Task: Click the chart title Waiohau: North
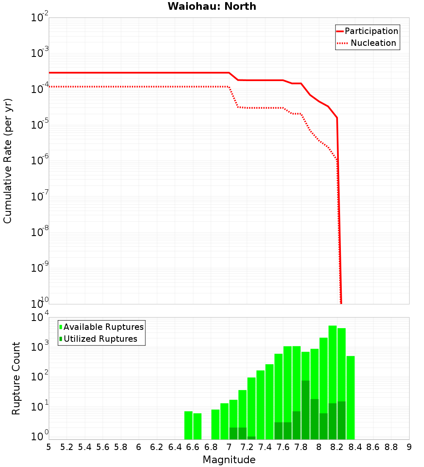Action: point(212,6)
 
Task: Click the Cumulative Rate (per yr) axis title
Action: point(8,161)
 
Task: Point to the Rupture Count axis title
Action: point(16,378)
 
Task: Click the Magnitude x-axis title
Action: point(229,460)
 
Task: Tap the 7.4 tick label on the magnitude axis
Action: point(265,447)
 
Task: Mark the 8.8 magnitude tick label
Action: point(391,447)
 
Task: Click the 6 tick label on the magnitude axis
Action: point(139,447)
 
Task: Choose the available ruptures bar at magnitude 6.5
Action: point(188,425)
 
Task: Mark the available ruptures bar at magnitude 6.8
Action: point(215,424)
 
